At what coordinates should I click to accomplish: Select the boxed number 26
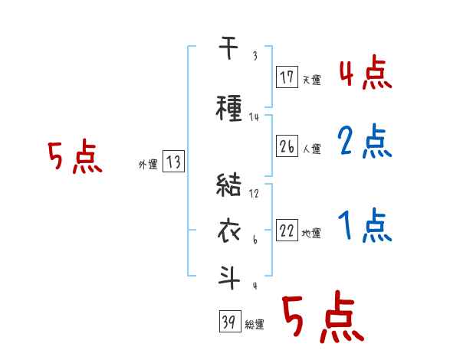287,147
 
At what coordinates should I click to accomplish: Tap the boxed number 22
287,231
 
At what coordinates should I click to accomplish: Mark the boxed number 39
228,323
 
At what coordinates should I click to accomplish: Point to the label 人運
311,149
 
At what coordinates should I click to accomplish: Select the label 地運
311,234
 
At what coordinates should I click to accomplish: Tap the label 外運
147,164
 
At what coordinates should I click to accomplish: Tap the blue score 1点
365,225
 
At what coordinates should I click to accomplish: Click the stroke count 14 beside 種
255,117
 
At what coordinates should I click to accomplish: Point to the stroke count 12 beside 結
255,194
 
